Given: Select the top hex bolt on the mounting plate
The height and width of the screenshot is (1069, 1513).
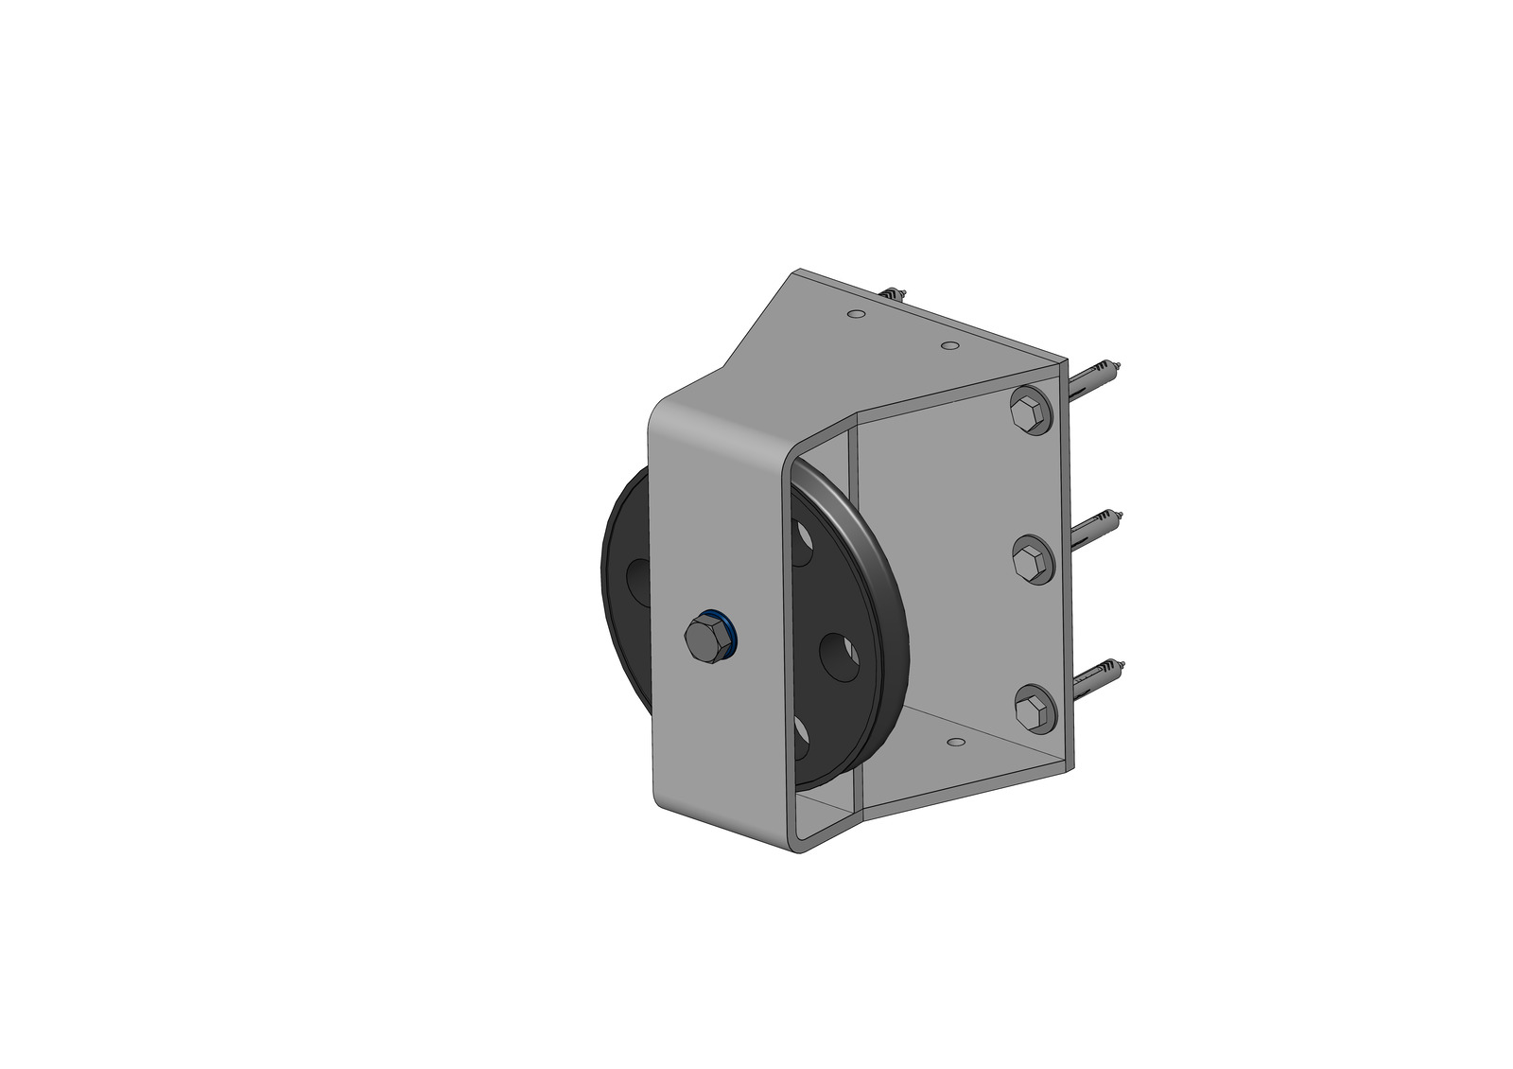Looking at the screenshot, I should click(x=1029, y=412).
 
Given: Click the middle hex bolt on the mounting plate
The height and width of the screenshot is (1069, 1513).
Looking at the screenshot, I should click(x=1030, y=562).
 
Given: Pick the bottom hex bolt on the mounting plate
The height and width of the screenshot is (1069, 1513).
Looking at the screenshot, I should click(x=1033, y=709).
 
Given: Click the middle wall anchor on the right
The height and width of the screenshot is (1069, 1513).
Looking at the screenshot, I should click(x=1097, y=528).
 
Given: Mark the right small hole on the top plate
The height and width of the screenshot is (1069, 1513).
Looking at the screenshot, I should click(x=951, y=345).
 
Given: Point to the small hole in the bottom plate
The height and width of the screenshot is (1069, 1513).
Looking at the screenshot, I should click(x=956, y=743).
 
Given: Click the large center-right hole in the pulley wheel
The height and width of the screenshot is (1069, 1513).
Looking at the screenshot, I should click(x=838, y=656).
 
